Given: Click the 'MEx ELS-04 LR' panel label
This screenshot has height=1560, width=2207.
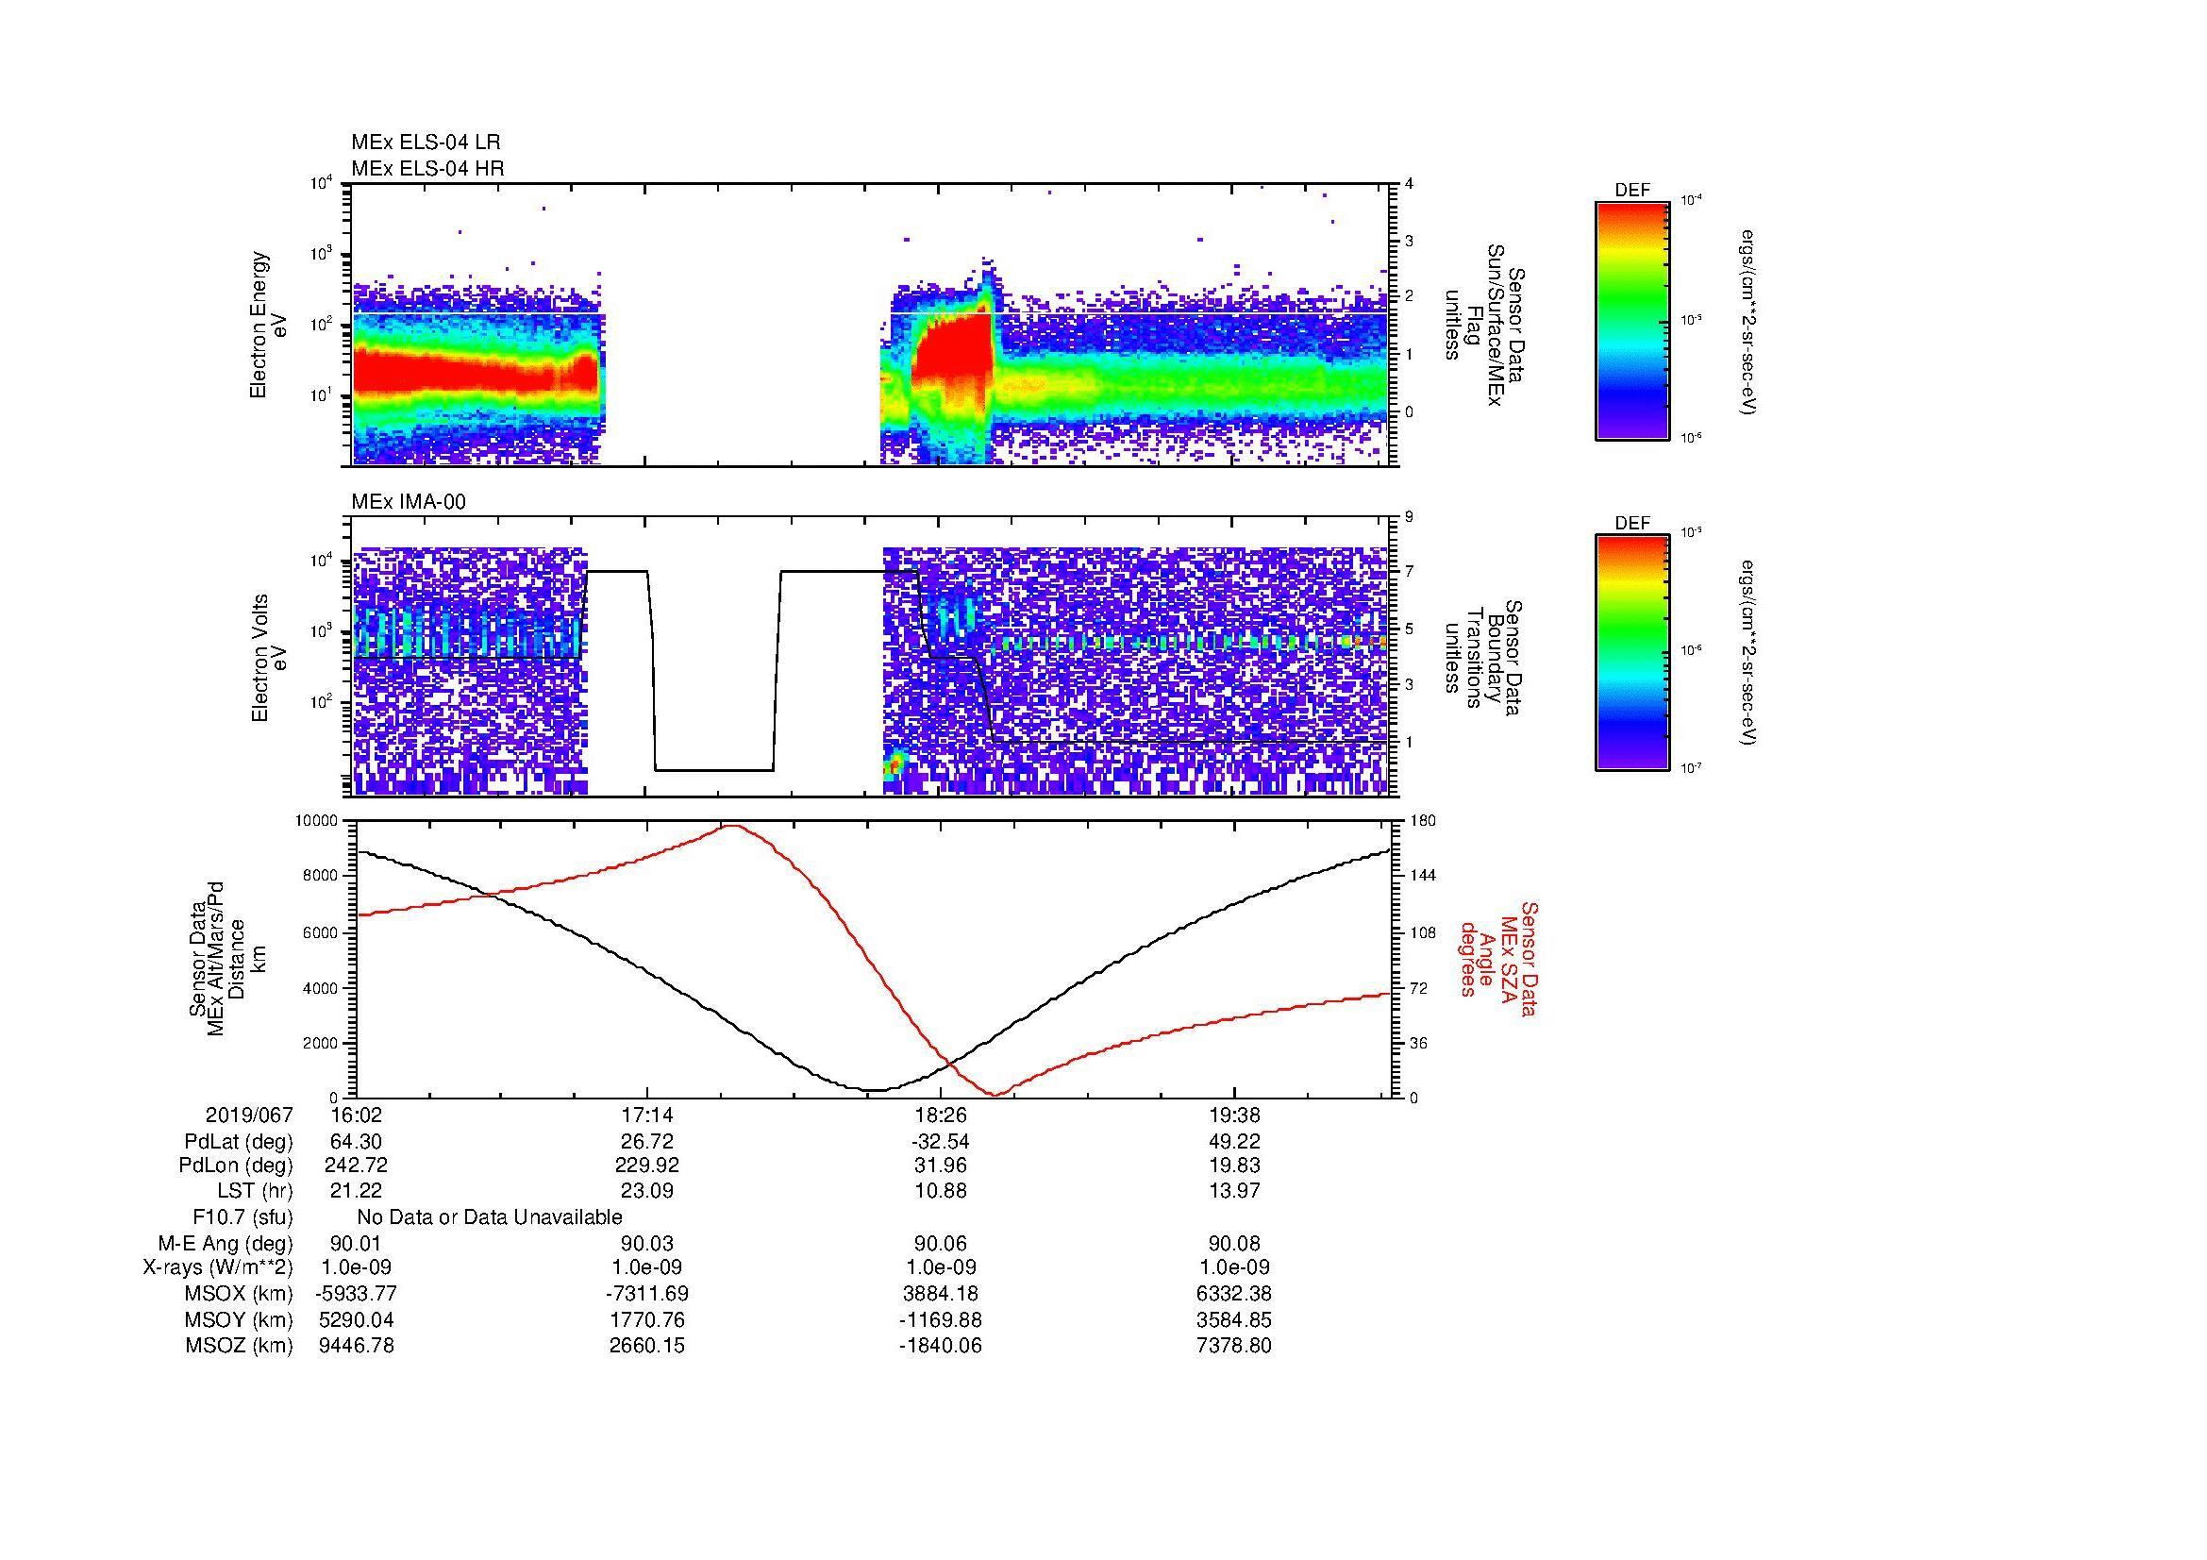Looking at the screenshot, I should coord(425,143).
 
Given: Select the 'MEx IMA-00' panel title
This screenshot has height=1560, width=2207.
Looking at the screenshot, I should coord(409,502).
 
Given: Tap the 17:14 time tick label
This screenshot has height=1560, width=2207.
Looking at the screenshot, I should coord(647,1115).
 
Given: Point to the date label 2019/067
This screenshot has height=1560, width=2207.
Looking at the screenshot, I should coord(249,1115).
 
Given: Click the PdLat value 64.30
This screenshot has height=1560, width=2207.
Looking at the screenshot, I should coord(356,1141).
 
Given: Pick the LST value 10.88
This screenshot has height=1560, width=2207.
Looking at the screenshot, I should coord(940,1191).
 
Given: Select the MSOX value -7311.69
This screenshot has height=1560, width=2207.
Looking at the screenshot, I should coord(647,1294).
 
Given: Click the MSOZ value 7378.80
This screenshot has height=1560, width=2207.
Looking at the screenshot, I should coord(1233,1346).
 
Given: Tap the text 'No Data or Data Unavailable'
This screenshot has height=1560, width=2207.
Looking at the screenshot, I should coord(490,1217).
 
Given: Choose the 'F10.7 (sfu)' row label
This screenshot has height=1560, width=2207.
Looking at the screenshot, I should coord(242,1217).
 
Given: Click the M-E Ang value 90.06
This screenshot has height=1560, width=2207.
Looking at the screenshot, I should coord(940,1244).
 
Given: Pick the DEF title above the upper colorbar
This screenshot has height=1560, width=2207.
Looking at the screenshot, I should coord(1632,191).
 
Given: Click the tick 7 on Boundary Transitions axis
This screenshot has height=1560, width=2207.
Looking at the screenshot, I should coord(1409,572).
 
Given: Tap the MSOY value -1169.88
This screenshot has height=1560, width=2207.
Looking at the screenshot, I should coord(940,1319).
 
